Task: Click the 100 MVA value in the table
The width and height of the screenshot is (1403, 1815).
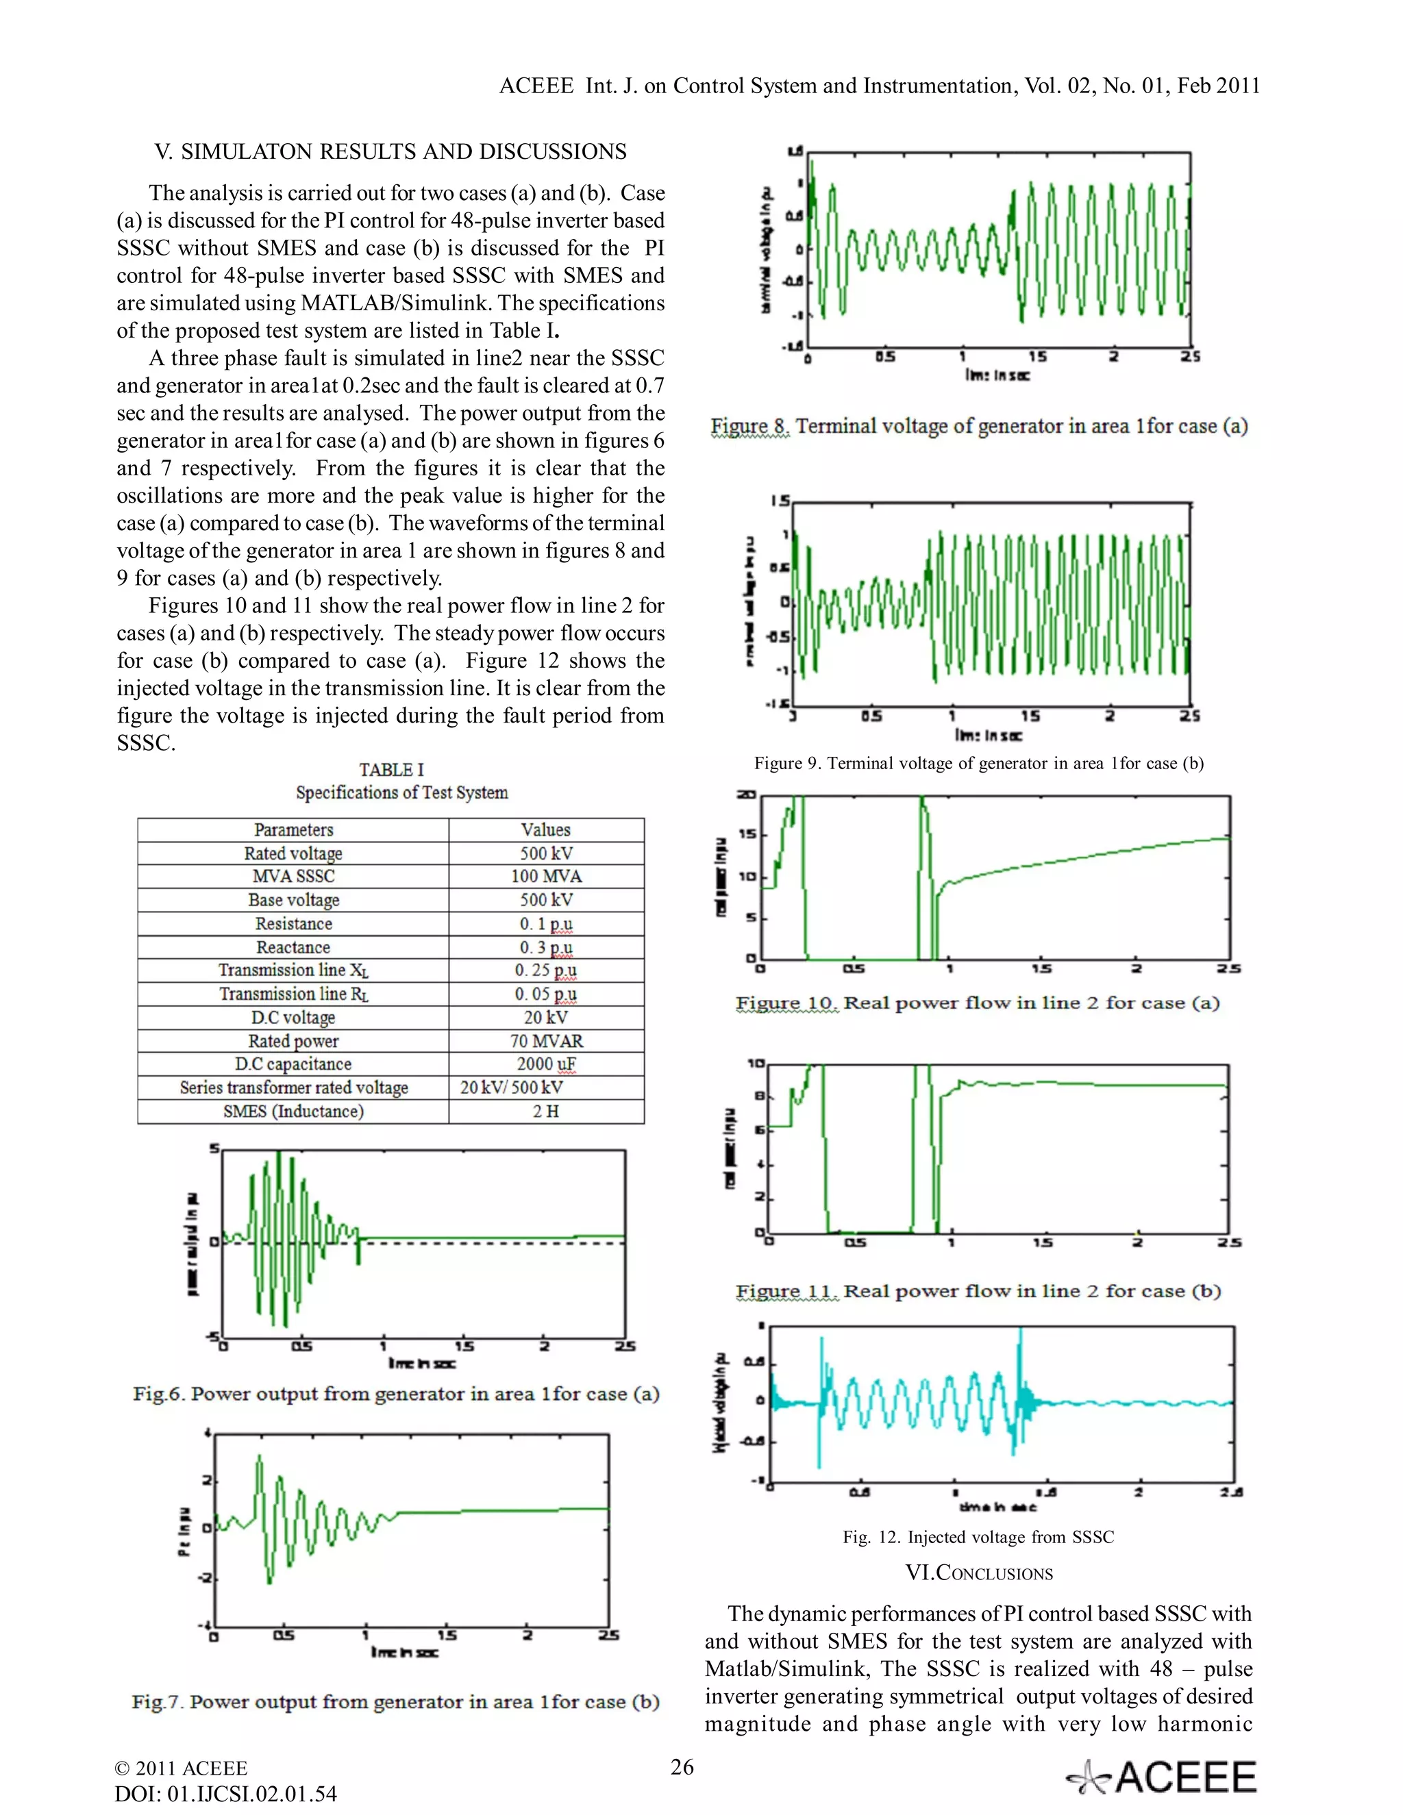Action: tap(546, 876)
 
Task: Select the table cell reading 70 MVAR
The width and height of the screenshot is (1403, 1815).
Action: tap(546, 1040)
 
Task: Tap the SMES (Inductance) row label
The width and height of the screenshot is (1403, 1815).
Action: tap(293, 1111)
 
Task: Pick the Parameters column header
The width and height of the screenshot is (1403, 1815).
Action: tap(293, 829)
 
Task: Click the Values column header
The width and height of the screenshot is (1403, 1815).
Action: tap(545, 829)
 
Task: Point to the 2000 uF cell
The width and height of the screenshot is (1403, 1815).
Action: tap(546, 1064)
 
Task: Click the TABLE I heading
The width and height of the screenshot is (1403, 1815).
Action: tap(390, 770)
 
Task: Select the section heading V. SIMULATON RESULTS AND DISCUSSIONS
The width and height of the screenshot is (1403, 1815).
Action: tap(390, 151)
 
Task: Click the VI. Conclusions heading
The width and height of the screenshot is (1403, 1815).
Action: tap(978, 1573)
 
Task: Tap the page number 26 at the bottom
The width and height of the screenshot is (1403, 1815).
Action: tap(682, 1767)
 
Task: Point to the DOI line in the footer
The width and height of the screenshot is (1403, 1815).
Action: tap(225, 1793)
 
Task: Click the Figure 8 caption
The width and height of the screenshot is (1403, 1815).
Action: tap(978, 426)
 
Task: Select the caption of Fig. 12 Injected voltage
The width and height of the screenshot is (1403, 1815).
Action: tap(978, 1537)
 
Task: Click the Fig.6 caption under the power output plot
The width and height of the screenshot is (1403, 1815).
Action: tap(396, 1394)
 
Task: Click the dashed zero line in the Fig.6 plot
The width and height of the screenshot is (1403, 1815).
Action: tap(499, 1243)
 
